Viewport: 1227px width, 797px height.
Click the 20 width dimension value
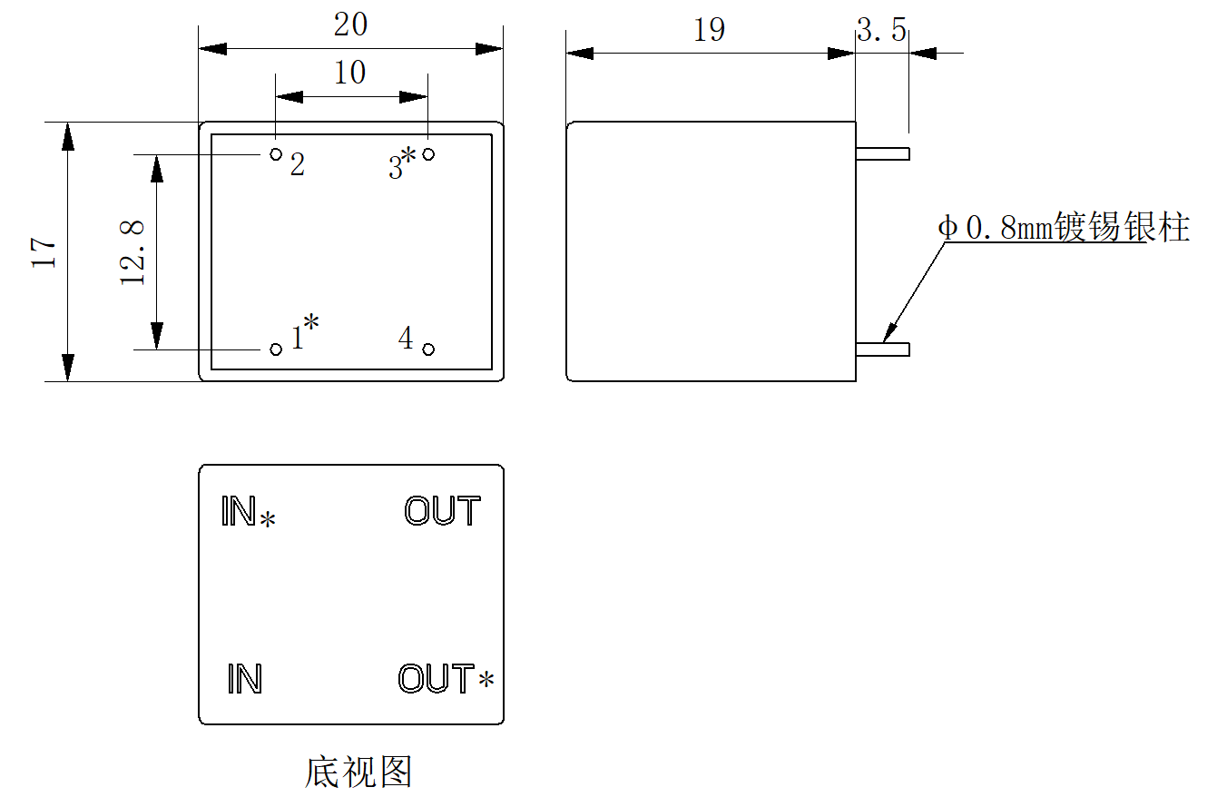350,25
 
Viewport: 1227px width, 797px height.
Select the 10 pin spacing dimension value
350,73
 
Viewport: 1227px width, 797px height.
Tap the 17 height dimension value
44,252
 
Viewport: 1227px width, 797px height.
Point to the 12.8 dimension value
133,252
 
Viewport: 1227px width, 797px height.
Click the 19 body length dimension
709,30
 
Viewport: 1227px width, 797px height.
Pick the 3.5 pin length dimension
882,31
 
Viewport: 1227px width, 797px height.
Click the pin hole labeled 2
276,154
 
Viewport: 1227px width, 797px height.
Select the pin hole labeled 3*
428,154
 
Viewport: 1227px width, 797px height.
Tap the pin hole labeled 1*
276,349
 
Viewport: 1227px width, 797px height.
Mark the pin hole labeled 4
428,349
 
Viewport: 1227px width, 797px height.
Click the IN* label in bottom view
248,513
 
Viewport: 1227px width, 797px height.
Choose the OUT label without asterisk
442,512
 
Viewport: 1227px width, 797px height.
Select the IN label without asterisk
244,679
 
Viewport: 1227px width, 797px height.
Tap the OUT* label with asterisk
446,679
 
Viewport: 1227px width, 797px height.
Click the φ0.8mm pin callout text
1063,227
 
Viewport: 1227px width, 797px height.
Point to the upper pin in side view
882,154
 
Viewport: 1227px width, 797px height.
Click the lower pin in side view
882,349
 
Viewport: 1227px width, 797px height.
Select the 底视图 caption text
358,772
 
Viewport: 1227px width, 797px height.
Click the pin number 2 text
297,165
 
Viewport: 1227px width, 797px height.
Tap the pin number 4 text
406,339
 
